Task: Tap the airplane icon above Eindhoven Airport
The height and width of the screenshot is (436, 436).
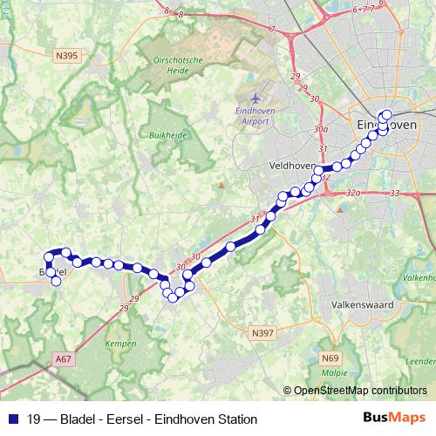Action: click(x=254, y=99)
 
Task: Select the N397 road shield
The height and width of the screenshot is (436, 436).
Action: click(x=261, y=332)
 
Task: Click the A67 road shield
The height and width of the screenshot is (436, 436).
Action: click(x=62, y=358)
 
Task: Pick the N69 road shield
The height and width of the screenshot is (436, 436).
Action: click(x=330, y=358)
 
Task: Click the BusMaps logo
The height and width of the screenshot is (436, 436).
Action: click(x=394, y=418)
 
